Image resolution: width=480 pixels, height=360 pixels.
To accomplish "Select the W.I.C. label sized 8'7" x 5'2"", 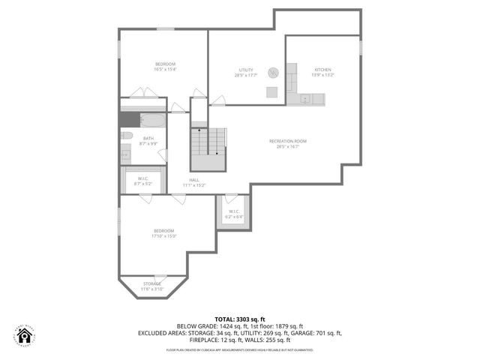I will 142,181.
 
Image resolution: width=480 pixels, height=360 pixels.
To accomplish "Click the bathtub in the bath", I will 151,120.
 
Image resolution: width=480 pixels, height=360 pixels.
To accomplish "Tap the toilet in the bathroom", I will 127,136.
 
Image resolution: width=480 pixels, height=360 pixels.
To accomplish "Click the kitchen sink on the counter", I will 304,98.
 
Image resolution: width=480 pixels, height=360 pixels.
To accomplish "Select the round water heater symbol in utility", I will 274,73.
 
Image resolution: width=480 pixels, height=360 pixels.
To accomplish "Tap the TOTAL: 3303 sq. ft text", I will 239,319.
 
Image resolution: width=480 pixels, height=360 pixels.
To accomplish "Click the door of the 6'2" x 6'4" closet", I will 231,199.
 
